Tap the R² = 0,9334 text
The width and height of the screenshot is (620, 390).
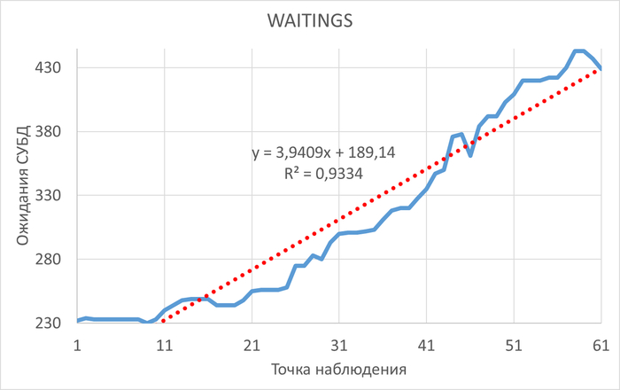(x=323, y=174)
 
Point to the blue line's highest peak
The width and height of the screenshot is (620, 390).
(x=579, y=51)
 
